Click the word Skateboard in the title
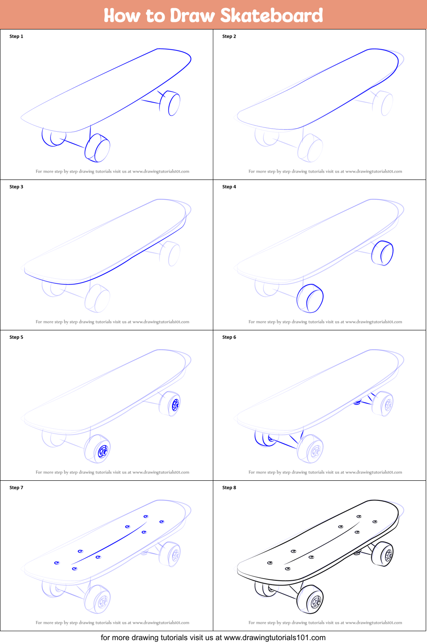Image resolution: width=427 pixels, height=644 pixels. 272,15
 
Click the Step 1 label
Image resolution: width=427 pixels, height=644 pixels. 16,36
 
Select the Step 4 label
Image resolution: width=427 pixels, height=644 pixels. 229,187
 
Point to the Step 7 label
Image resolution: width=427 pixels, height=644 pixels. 16,488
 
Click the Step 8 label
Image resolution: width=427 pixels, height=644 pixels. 229,488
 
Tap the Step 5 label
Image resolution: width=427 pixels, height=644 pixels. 16,337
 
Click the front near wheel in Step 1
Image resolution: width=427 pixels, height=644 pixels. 97,148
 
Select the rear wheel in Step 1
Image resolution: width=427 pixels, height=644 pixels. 170,103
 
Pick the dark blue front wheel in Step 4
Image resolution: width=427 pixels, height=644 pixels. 310,298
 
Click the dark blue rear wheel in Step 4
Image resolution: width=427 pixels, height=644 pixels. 382,253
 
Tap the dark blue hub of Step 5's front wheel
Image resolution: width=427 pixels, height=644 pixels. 103,451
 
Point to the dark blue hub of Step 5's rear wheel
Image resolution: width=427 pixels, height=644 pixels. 175,405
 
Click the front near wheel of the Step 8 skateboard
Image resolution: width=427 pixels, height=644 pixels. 310,599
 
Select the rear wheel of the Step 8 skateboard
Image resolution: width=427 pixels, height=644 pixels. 382,554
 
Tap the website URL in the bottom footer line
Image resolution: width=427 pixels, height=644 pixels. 274,638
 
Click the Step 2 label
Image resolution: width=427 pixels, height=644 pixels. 229,36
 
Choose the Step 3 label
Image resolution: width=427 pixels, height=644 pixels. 16,187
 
